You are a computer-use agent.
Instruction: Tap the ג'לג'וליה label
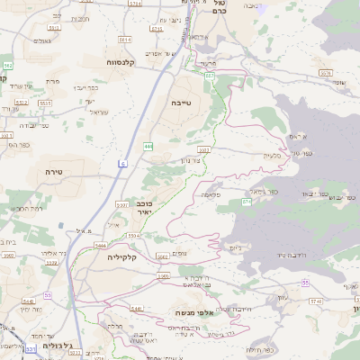[x=60, y=346]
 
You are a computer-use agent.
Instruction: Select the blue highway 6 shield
[x=122, y=163]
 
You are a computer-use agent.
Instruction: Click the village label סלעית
[x=271, y=155]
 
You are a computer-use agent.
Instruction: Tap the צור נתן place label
[x=202, y=158]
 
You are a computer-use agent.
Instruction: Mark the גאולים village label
[x=41, y=40]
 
